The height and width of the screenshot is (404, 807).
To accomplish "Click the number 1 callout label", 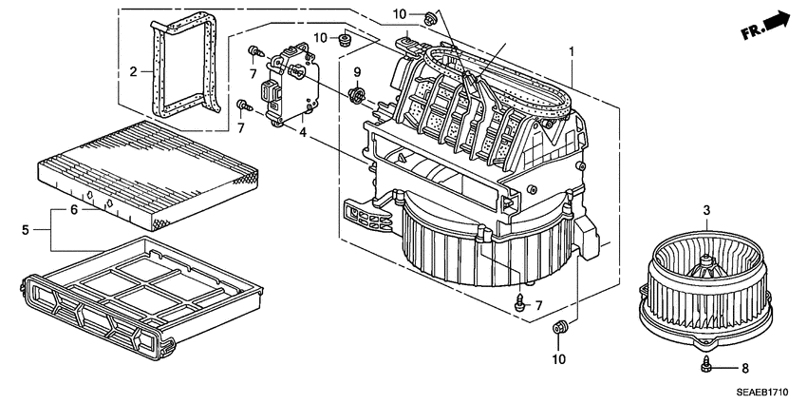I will (x=572, y=50).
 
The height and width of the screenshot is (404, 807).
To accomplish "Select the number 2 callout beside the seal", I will (x=135, y=70).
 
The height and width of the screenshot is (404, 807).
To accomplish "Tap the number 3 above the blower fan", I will (x=706, y=210).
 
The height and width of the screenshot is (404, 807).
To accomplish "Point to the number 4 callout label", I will (x=302, y=132).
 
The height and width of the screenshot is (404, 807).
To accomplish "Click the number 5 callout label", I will (x=25, y=229).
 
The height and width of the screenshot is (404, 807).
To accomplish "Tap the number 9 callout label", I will (x=358, y=73).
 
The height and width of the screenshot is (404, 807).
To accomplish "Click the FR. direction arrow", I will (x=767, y=25).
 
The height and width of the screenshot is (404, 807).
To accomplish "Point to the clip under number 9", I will (x=358, y=93).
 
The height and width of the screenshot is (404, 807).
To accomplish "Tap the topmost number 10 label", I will (x=399, y=13).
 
